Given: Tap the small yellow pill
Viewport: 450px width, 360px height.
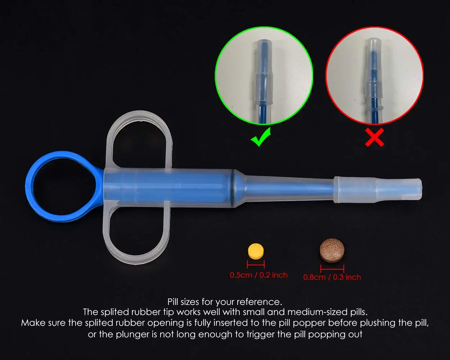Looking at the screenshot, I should point(256,251).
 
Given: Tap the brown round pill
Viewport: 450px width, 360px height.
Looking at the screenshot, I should point(332,250).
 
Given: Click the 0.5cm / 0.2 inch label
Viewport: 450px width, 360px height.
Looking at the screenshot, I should point(259,275).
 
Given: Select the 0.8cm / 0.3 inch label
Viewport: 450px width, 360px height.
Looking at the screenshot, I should point(332,277).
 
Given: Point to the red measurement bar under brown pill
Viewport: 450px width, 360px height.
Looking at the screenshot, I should point(332,269).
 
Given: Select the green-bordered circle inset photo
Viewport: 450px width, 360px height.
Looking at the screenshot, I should point(264,76).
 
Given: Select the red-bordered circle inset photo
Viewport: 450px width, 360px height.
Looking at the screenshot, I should point(374,76).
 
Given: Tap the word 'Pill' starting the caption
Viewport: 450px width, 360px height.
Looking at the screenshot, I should point(173,301).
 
